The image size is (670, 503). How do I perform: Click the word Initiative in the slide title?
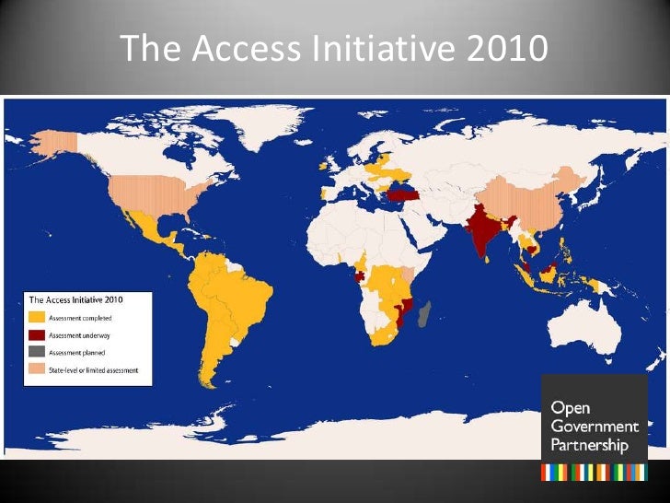point(380,50)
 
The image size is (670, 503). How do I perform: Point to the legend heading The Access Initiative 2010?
point(76,299)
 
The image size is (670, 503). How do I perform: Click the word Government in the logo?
point(594,427)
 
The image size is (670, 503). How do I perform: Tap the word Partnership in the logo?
point(589,445)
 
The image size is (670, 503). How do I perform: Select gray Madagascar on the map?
point(423,319)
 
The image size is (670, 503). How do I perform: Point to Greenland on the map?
point(267,129)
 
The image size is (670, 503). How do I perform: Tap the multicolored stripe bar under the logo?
point(594,472)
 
